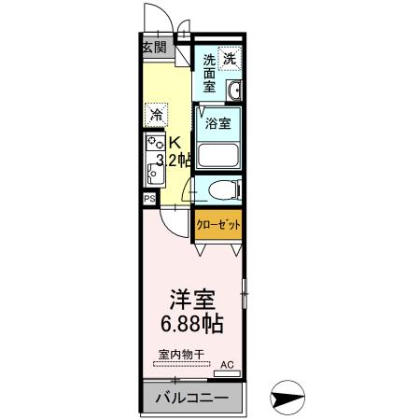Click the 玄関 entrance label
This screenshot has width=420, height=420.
155,48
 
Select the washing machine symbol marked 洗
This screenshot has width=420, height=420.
230,57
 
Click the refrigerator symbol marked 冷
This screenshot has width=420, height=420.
156,116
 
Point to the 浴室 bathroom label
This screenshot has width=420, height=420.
217,121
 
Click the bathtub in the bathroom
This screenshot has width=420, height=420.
217,154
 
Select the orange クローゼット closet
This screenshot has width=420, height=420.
217,226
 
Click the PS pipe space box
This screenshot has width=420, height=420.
148,199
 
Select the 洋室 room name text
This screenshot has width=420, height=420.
192,301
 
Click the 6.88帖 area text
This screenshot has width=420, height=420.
192,327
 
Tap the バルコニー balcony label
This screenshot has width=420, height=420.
190,399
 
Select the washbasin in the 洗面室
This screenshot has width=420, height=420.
234,91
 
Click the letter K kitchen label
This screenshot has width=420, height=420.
173,143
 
